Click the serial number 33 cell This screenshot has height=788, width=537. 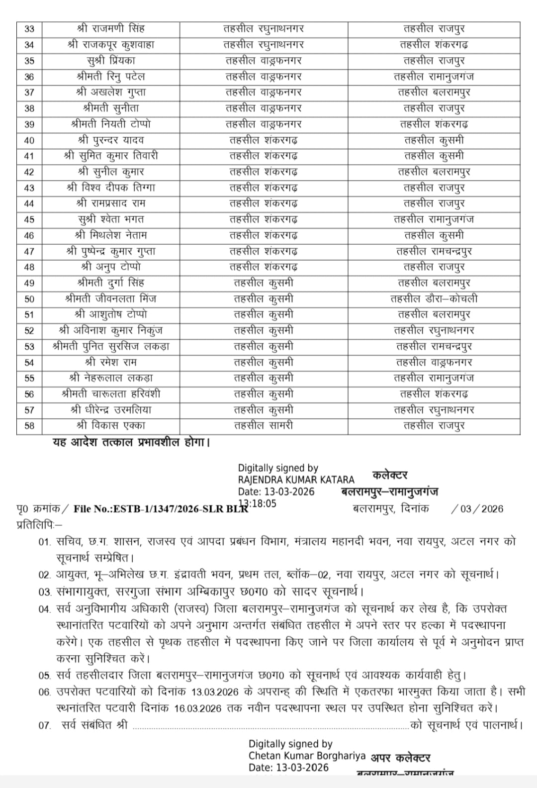click(29, 29)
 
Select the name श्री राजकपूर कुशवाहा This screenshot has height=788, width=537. click(111, 45)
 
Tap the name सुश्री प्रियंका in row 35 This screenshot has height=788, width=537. click(111, 61)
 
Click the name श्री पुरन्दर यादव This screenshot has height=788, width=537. click(111, 140)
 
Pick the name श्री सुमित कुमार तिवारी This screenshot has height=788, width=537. click(111, 156)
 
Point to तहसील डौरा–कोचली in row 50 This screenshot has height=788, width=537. click(434, 299)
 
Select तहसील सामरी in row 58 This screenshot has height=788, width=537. click(264, 426)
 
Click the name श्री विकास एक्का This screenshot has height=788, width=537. click(111, 426)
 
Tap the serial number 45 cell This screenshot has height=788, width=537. click(29, 220)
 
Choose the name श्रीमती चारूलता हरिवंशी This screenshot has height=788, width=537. click(111, 394)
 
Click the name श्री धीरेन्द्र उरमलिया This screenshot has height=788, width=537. click(111, 410)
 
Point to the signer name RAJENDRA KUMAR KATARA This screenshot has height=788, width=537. click(296, 480)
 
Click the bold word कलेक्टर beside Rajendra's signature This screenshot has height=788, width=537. click(390, 476)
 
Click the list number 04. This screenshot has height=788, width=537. click(45, 609)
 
